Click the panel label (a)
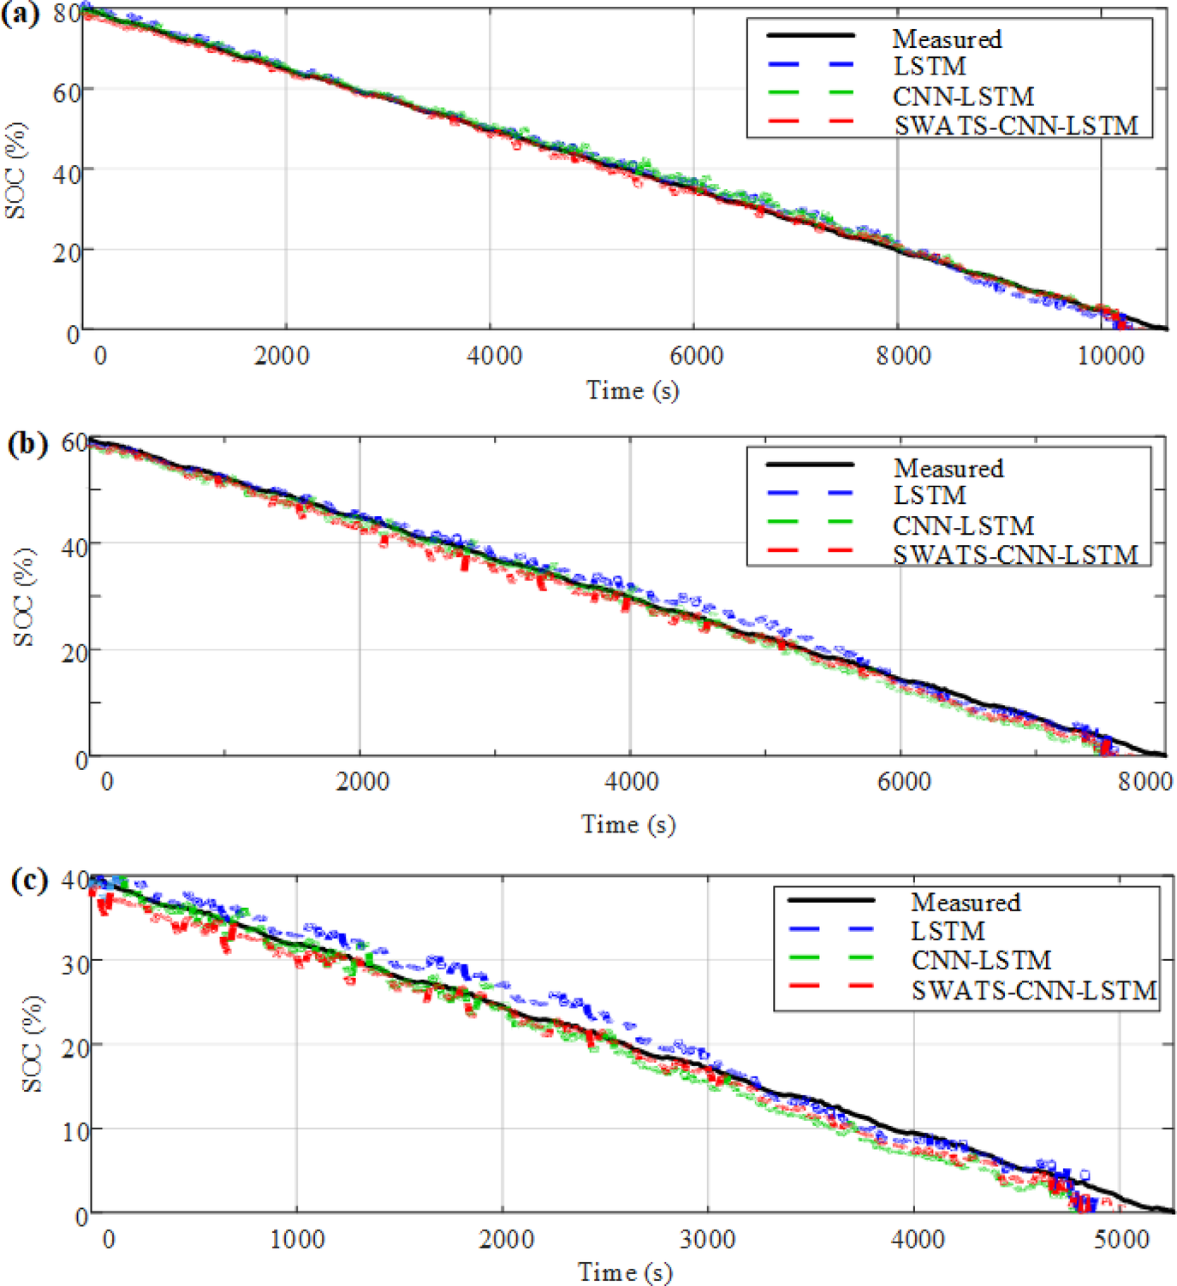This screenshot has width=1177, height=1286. pyautogui.click(x=21, y=15)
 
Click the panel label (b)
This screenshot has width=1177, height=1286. pyautogui.click(x=27, y=444)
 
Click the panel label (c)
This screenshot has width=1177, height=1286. pyautogui.click(x=29, y=880)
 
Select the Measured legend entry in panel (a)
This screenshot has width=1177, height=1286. pyautogui.click(x=947, y=39)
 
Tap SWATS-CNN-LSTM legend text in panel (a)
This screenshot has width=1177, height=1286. pyautogui.click(x=1016, y=126)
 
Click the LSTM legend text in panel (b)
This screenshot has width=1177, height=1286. pyautogui.click(x=930, y=495)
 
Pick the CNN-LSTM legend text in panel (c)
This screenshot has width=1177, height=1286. pyautogui.click(x=981, y=960)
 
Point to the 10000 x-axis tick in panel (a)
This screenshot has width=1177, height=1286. pyautogui.click(x=1110, y=355)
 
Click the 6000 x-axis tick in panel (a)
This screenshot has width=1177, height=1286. pyautogui.click(x=696, y=355)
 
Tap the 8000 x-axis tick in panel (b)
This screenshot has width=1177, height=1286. pyautogui.click(x=1144, y=780)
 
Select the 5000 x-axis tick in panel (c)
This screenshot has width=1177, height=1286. pyautogui.click(x=1121, y=1239)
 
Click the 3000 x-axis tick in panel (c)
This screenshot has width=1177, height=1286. pyautogui.click(x=708, y=1239)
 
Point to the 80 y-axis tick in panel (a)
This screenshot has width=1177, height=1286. pyautogui.click(x=67, y=14)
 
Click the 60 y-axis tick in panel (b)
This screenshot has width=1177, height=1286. pyautogui.click(x=74, y=443)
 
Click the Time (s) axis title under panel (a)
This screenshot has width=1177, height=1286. pyautogui.click(x=632, y=390)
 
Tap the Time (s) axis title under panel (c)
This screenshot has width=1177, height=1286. pyautogui.click(x=625, y=1271)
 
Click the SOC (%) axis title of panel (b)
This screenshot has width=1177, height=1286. pyautogui.click(x=24, y=597)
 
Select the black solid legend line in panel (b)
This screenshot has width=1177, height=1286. pyautogui.click(x=810, y=465)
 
